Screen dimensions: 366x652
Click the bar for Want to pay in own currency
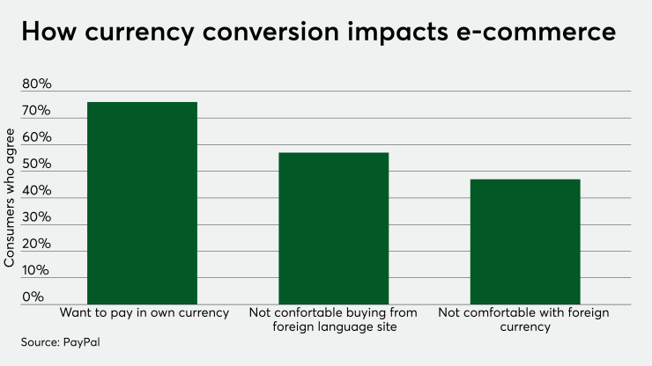coord(142,203)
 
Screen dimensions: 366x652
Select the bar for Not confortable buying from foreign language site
coord(333,229)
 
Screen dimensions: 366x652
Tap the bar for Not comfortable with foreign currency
coord(525,242)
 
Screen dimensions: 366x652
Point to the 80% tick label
coord(37,85)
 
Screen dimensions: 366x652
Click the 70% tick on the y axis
coord(37,112)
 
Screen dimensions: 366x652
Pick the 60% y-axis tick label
coord(37,138)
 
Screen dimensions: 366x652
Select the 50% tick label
coord(37,165)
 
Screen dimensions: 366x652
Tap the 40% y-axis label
coord(37,191)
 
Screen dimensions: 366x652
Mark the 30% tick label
coord(37,217)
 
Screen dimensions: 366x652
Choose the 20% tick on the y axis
coord(37,244)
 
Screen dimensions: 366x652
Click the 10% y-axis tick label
coord(37,270)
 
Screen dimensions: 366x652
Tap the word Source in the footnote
coord(41,340)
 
